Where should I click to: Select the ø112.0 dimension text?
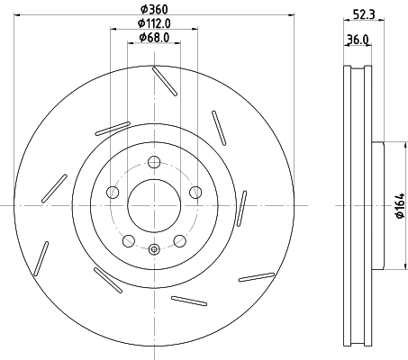(154, 22)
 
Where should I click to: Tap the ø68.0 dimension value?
(155, 38)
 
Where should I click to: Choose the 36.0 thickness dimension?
(358, 40)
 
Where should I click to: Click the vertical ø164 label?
(397, 205)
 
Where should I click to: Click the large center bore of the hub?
(154, 204)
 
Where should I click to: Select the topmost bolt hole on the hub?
(154, 162)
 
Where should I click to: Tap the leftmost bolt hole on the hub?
(113, 192)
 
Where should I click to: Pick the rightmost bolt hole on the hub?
(195, 192)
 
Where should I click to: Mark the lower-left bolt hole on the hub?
(129, 240)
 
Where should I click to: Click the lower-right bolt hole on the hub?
(179, 240)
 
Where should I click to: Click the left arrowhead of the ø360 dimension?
(20, 13)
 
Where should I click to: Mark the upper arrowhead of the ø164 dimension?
(385, 144)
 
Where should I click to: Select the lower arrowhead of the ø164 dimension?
(385, 267)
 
